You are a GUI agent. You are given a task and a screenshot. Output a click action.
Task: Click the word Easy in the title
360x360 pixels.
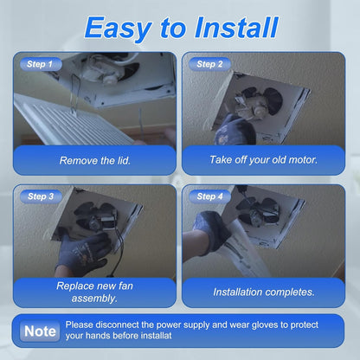[119, 28]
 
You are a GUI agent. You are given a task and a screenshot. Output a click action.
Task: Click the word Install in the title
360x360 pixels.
[236, 27]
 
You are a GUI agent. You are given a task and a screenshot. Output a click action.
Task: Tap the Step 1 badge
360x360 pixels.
[41, 64]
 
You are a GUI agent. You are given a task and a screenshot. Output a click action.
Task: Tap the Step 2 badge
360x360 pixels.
[209, 64]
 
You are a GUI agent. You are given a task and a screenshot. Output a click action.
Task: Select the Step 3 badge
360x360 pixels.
[41, 196]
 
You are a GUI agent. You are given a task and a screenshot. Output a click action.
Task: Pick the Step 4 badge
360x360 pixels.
[209, 196]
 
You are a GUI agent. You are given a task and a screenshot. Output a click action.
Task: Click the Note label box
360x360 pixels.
[40, 331]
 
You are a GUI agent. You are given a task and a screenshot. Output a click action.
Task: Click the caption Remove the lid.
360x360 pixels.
[95, 160]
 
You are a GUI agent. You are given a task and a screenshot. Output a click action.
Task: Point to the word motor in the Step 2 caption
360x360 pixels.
[303, 159]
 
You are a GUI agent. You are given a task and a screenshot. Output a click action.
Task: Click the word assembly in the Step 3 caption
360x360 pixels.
[94, 298]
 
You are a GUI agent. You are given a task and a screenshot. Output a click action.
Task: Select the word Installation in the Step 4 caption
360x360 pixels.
[238, 292]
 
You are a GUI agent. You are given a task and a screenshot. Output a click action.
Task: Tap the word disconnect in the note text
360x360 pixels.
[117, 325]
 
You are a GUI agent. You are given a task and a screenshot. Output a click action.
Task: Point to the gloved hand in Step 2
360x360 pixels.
[235, 130]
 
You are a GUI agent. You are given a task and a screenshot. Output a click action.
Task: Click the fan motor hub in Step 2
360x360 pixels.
[258, 110]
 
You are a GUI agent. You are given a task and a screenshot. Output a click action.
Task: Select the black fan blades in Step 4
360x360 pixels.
[257, 210]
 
